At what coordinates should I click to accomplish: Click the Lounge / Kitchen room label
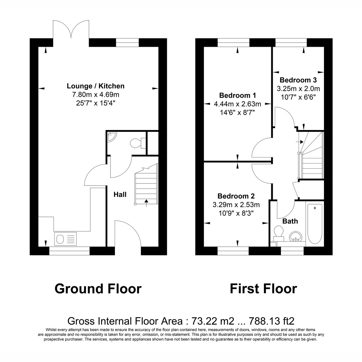coord(95,86)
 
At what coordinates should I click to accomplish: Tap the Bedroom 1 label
coord(237,96)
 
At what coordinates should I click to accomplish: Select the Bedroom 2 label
coord(236,196)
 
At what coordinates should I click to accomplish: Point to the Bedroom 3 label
coord(298,80)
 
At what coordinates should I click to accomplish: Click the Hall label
coord(120,195)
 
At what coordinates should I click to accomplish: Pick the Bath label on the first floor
coord(290,221)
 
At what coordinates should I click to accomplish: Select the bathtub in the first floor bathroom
coord(314,224)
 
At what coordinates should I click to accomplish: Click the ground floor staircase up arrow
coord(147,202)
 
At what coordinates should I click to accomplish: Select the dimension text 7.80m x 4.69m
coord(95,95)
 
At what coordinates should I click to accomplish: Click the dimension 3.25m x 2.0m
coord(298,89)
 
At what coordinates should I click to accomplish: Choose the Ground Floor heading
coord(98,289)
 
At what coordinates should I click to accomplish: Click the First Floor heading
coord(263,289)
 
